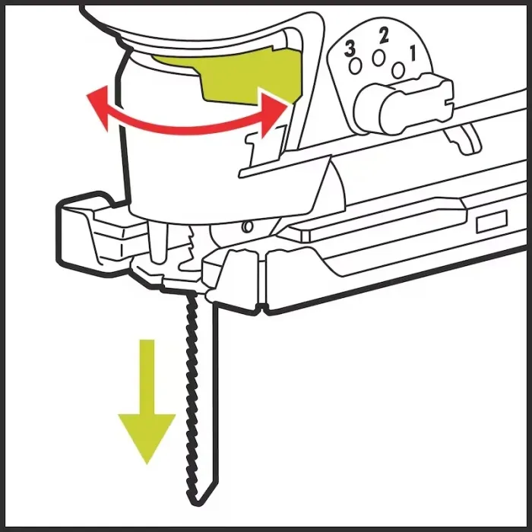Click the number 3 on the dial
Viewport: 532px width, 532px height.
click(350, 49)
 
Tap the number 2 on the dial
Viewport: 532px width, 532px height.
click(383, 36)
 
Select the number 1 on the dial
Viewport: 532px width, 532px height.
click(413, 54)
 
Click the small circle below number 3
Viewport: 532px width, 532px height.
click(355, 65)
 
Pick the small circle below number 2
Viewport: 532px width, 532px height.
click(378, 58)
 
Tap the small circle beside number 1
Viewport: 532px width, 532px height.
click(398, 70)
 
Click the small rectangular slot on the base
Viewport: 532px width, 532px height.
click(492, 221)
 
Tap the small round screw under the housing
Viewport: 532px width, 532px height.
click(248, 226)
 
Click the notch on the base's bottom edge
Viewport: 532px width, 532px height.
click(261, 308)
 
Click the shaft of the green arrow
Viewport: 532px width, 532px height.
click(147, 377)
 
